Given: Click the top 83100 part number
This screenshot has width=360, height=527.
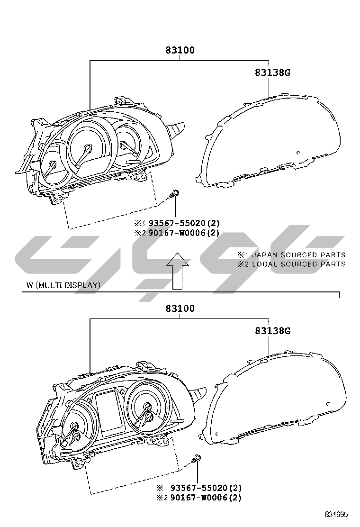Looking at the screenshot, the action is click(x=180, y=50).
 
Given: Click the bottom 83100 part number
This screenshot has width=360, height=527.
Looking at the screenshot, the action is click(x=180, y=308).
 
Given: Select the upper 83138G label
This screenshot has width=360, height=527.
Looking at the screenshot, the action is click(x=272, y=72).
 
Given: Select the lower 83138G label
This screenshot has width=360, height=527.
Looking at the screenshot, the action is click(x=272, y=331).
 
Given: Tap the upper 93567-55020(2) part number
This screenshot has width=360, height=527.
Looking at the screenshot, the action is click(x=184, y=223).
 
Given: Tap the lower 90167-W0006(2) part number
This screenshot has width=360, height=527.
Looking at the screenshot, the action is click(x=206, y=498).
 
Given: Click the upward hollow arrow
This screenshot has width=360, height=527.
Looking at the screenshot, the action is click(x=178, y=271).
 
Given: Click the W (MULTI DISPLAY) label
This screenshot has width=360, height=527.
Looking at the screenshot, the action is click(x=63, y=285).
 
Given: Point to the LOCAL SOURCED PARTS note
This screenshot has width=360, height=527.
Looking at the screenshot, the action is click(x=298, y=264).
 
